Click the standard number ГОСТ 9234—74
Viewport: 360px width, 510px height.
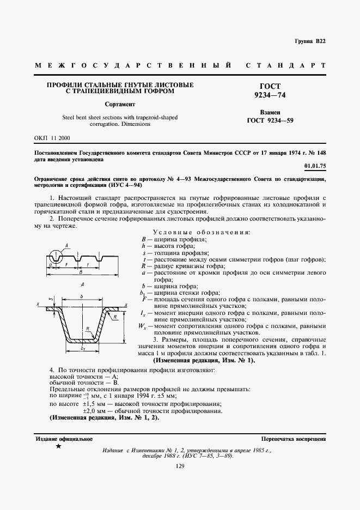270,90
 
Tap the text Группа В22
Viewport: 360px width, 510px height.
310,42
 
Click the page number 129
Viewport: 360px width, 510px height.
180,465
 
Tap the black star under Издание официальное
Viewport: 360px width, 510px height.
58,447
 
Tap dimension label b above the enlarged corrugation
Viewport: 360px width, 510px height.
81,297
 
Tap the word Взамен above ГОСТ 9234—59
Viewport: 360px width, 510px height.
270,111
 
